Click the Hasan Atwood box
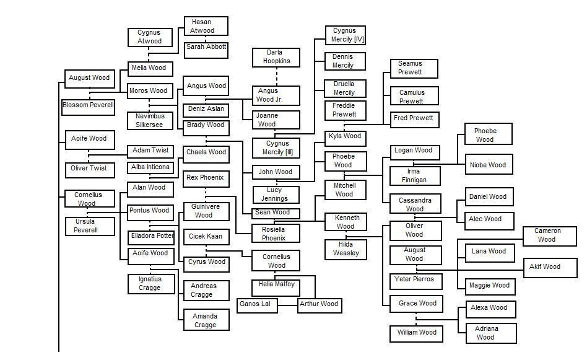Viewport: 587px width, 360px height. (x=206, y=26)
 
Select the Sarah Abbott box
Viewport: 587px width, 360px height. (x=206, y=50)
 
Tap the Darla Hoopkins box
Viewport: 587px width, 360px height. (x=276, y=58)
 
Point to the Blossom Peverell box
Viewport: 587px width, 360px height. (x=89, y=107)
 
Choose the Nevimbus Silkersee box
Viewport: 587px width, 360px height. (x=150, y=120)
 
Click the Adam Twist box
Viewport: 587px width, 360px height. (x=150, y=152)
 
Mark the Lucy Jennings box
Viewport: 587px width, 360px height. (x=276, y=195)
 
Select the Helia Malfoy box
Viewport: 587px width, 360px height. (x=276, y=287)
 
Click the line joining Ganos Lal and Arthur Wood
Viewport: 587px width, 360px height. (x=288, y=305)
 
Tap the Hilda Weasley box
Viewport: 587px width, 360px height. (x=346, y=250)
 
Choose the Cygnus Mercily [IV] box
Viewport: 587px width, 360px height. (x=345, y=35)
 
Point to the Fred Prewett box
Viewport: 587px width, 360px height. (x=414, y=120)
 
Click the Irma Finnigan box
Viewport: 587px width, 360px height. (x=415, y=176)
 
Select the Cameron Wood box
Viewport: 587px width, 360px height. (x=550, y=236)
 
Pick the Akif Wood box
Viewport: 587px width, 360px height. (x=550, y=268)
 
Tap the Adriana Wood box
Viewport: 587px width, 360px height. (x=491, y=333)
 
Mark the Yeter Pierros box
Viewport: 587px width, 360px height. (x=415, y=281)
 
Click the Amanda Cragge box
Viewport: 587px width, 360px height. (x=206, y=320)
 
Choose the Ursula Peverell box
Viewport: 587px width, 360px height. (x=90, y=226)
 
